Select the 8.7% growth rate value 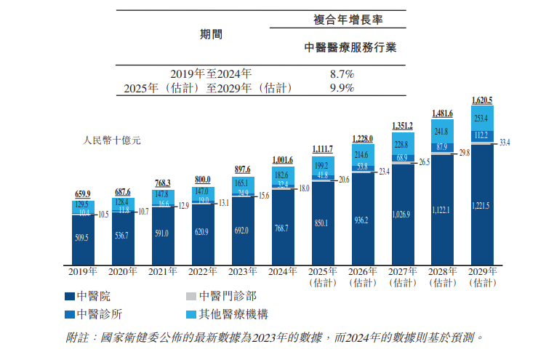[x=341, y=74]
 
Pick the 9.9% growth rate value [x=341, y=88]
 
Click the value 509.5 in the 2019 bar [x=83, y=237]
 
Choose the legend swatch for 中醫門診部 [x=191, y=297]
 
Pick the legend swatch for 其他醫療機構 [x=191, y=315]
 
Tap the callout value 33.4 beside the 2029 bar [x=505, y=143]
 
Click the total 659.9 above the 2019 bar [x=83, y=194]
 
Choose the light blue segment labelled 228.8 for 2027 [x=402, y=145]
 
